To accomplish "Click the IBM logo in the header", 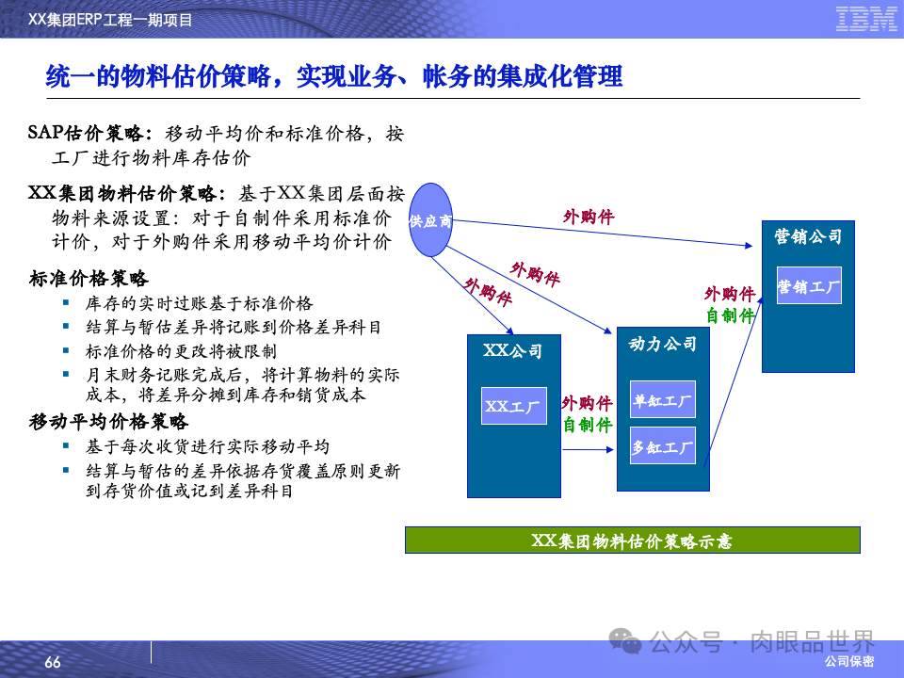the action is pyautogui.click(x=866, y=19).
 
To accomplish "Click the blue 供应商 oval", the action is pyautogui.click(x=430, y=220).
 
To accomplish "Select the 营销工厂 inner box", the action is pyautogui.click(x=809, y=285).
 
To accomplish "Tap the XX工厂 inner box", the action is pyautogui.click(x=513, y=406).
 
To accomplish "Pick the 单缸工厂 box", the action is pyautogui.click(x=663, y=399).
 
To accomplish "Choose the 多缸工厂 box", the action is pyautogui.click(x=663, y=446).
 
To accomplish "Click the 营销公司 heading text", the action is pyautogui.click(x=808, y=236).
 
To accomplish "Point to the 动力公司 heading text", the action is pyautogui.click(x=663, y=344).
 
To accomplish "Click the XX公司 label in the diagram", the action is pyautogui.click(x=513, y=351).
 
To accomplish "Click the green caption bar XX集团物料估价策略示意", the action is pyautogui.click(x=632, y=541).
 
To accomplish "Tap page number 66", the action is pyautogui.click(x=53, y=663).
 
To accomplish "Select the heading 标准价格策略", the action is pyautogui.click(x=89, y=279).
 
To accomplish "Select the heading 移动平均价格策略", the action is pyautogui.click(x=108, y=422).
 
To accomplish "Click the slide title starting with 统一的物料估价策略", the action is pyautogui.click(x=334, y=76).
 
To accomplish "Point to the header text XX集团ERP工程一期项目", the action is pyautogui.click(x=117, y=19).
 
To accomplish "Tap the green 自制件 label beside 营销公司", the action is pyautogui.click(x=731, y=315).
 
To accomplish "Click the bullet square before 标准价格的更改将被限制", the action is pyautogui.click(x=66, y=350).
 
